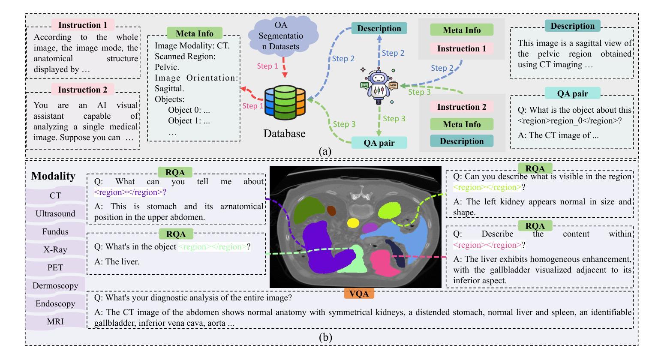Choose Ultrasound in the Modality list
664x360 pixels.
tap(55, 213)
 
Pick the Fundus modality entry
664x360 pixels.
tap(55, 231)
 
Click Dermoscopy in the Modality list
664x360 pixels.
tap(55, 285)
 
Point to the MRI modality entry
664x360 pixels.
tap(55, 321)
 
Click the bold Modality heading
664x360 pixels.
tap(53, 176)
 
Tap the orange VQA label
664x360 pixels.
tap(359, 294)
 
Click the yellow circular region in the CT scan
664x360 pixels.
tap(353, 223)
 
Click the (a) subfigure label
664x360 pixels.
tap(325, 151)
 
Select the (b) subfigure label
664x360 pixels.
tap(325, 337)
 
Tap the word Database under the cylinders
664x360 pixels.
tap(284, 134)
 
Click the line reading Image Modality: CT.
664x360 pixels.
tap(192, 45)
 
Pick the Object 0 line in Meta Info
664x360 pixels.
tap(189, 110)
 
